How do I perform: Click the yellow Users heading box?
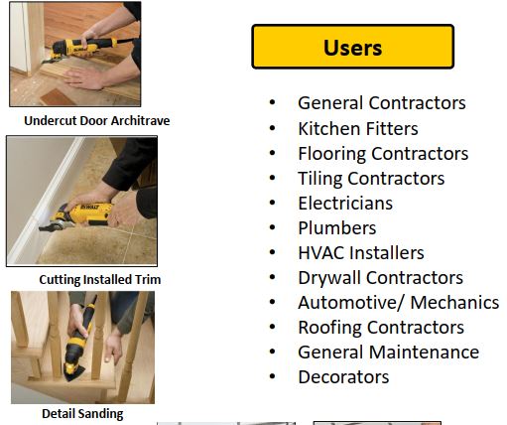coord(352,47)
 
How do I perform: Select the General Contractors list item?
coord(382,103)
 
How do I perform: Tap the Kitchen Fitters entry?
coord(358,128)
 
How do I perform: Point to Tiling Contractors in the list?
coord(371,179)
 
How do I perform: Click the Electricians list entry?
coord(345,204)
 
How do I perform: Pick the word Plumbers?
coord(337,228)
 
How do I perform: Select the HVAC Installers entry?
coord(361,253)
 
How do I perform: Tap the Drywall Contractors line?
coord(380,278)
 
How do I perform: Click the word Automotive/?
coord(351,303)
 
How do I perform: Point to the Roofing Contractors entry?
coord(381,328)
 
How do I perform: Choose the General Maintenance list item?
coord(388,352)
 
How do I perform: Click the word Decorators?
coord(343,377)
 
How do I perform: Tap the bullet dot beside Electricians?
coord(272,203)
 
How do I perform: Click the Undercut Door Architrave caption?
coord(97,121)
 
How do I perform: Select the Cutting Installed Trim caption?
coord(100,280)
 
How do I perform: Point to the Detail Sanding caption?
coord(82,414)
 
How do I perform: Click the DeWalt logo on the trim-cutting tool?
coord(89,208)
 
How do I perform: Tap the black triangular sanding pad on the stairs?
coord(73,374)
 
